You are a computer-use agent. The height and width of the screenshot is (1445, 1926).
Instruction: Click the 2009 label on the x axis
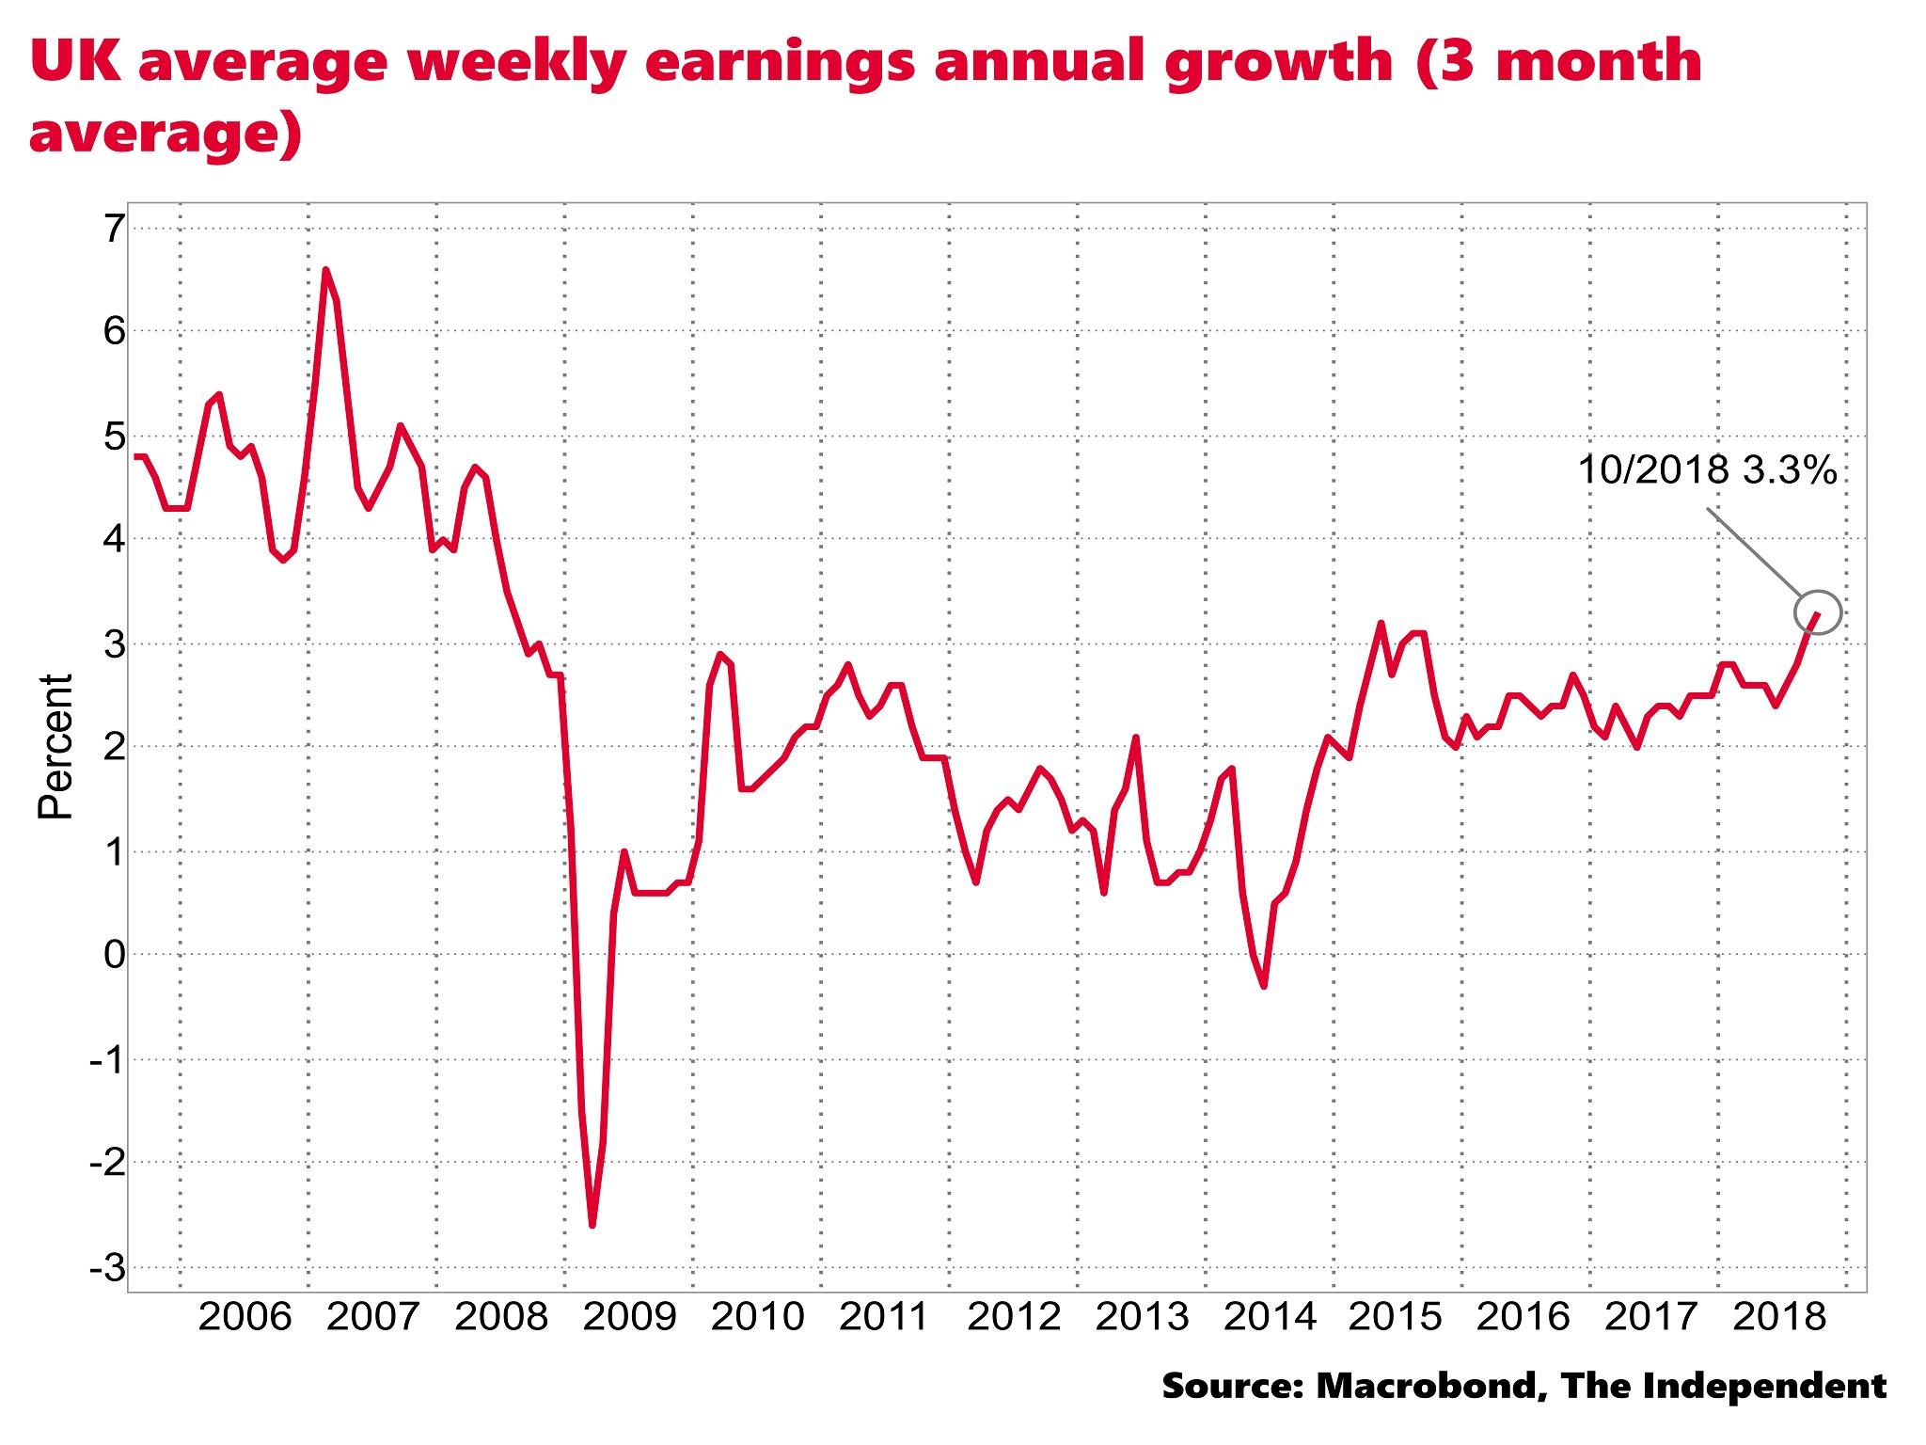click(x=629, y=1317)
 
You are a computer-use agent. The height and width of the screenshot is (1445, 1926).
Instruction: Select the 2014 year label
click(x=1271, y=1317)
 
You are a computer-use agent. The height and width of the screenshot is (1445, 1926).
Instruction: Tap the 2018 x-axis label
click(x=1779, y=1317)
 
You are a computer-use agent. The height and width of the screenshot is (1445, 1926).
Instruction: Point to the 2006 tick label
click(x=245, y=1317)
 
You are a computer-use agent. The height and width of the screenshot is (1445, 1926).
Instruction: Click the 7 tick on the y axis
click(x=114, y=229)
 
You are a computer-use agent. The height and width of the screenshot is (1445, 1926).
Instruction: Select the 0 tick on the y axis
click(x=114, y=956)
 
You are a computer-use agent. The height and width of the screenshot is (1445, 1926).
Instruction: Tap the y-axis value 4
click(x=114, y=540)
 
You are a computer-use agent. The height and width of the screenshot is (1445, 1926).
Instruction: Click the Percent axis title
click(x=55, y=747)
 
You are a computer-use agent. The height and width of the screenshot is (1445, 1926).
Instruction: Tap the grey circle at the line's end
click(x=1818, y=612)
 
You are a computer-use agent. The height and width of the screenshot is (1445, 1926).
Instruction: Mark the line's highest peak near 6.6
click(x=325, y=270)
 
